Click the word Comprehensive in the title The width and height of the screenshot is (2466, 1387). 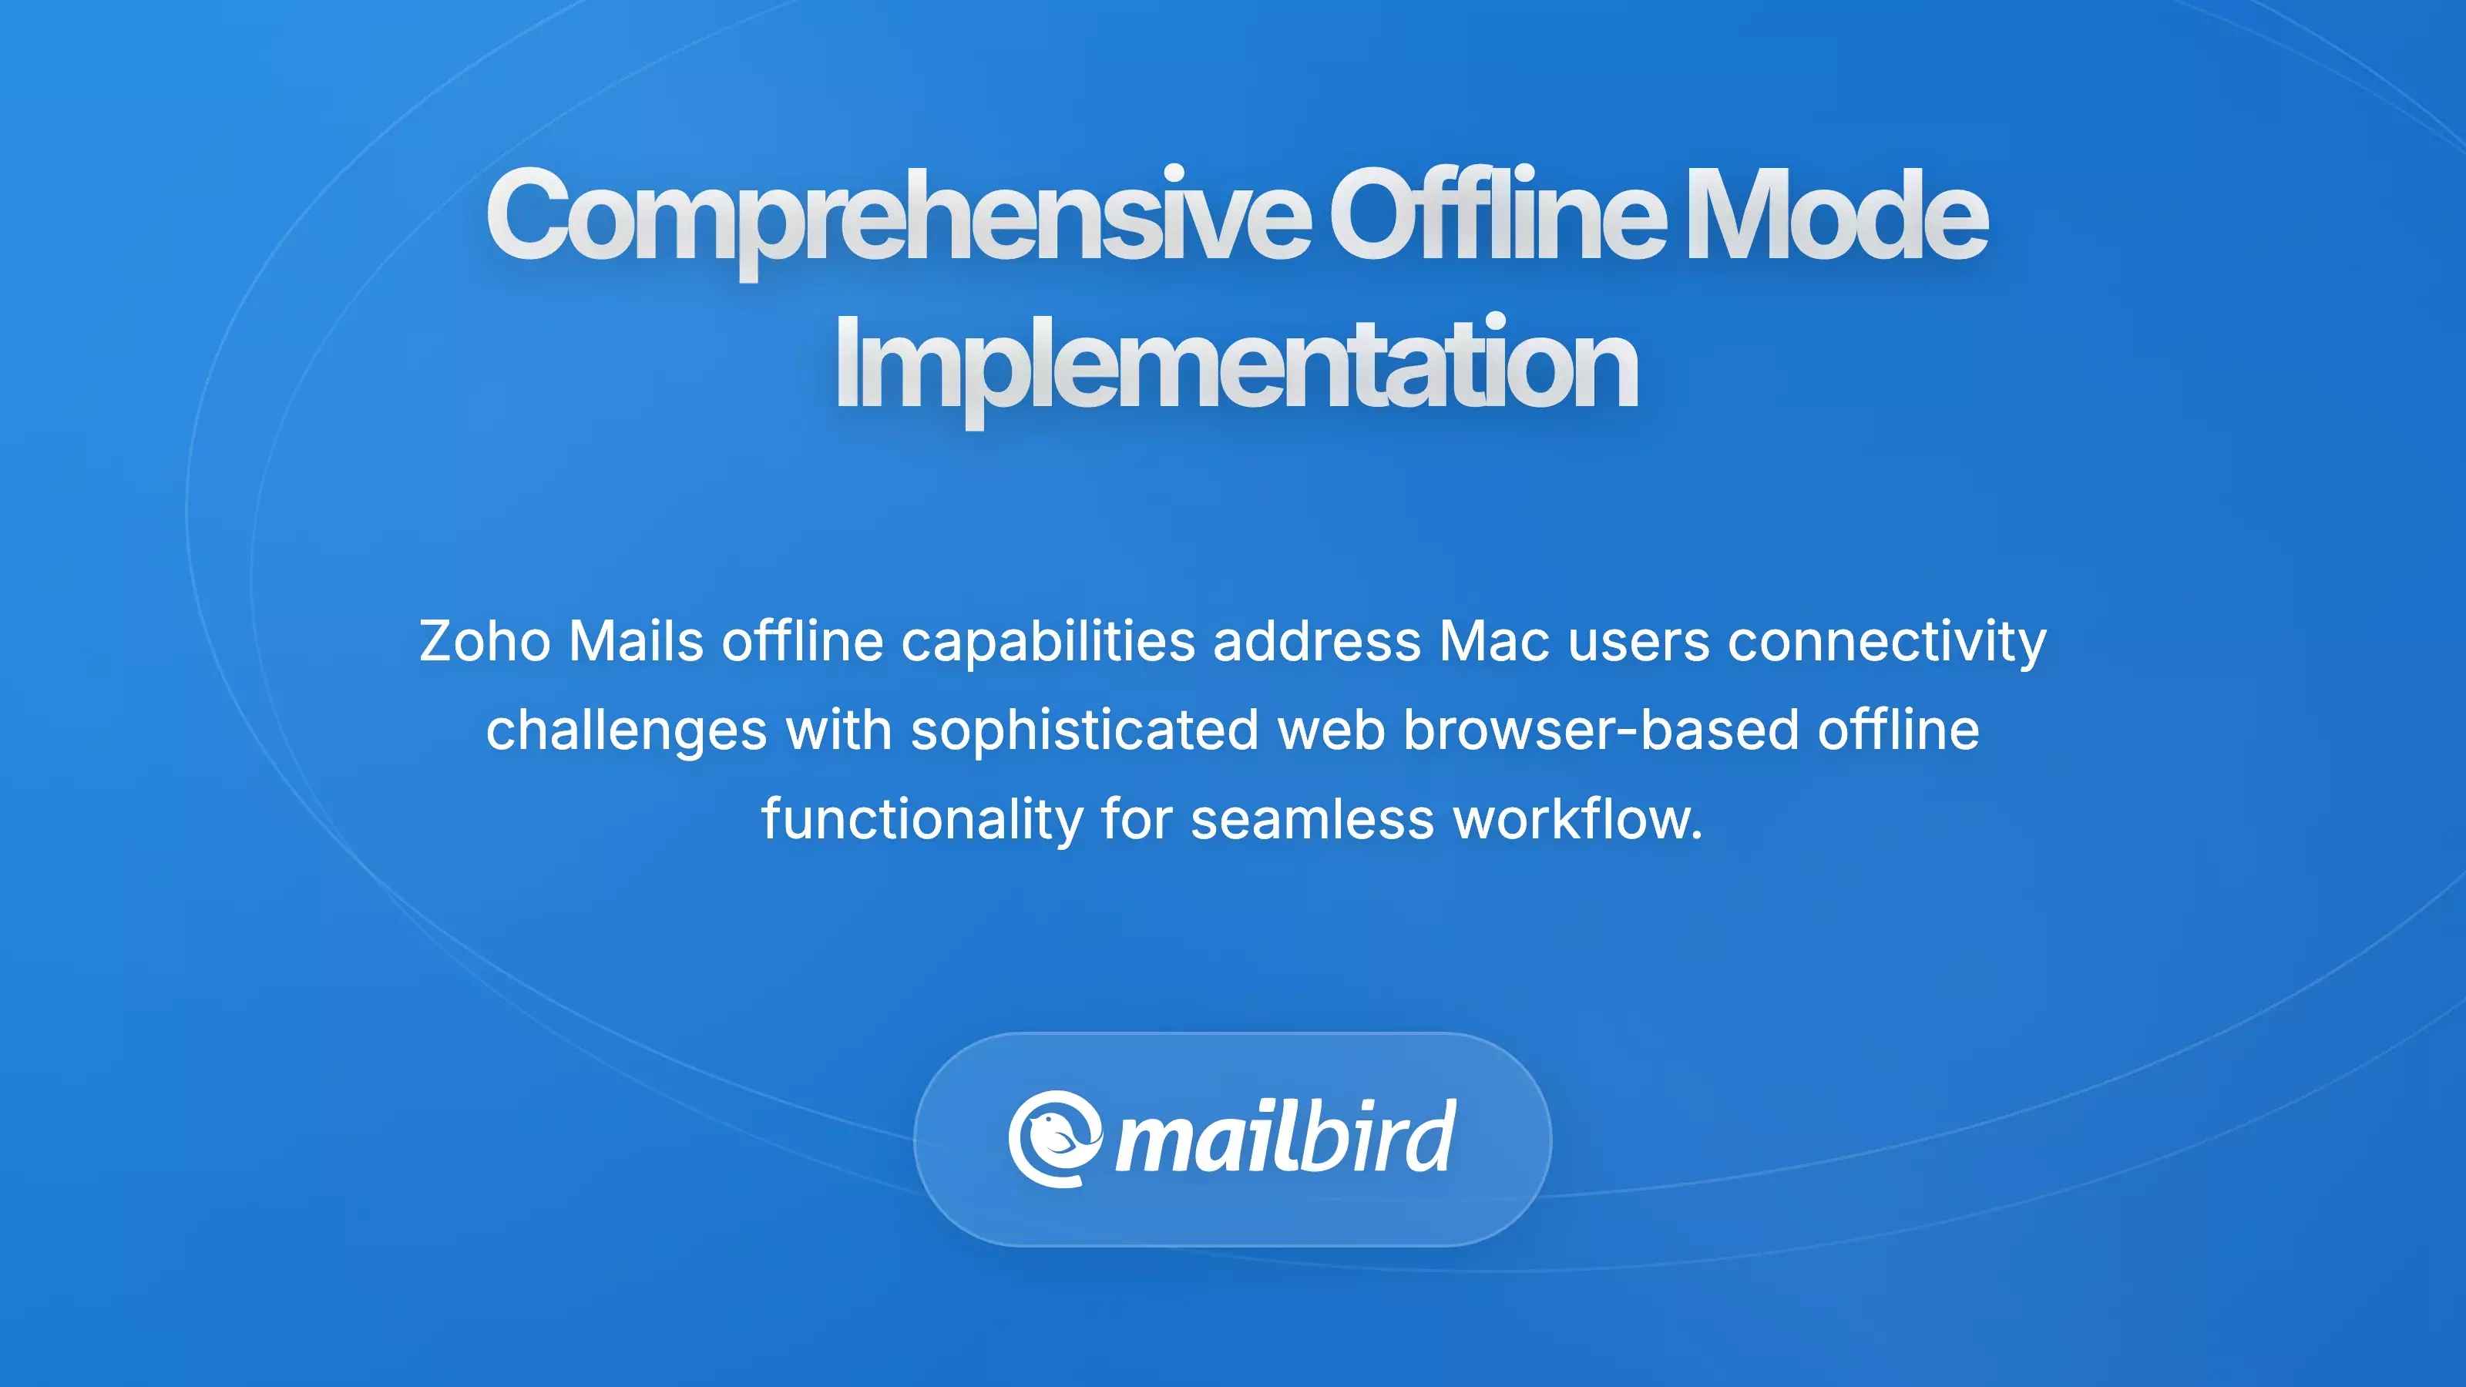(897, 217)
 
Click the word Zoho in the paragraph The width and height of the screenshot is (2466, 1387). (485, 640)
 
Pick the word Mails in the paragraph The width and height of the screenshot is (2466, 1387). (636, 640)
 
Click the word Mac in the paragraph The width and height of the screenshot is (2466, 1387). (1493, 640)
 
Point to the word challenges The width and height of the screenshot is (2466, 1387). (626, 730)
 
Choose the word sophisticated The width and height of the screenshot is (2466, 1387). (1084, 730)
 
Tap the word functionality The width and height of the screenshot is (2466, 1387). (922, 819)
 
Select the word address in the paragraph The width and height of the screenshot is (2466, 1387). (1316, 640)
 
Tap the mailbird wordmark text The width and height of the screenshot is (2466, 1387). (1285, 1137)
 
